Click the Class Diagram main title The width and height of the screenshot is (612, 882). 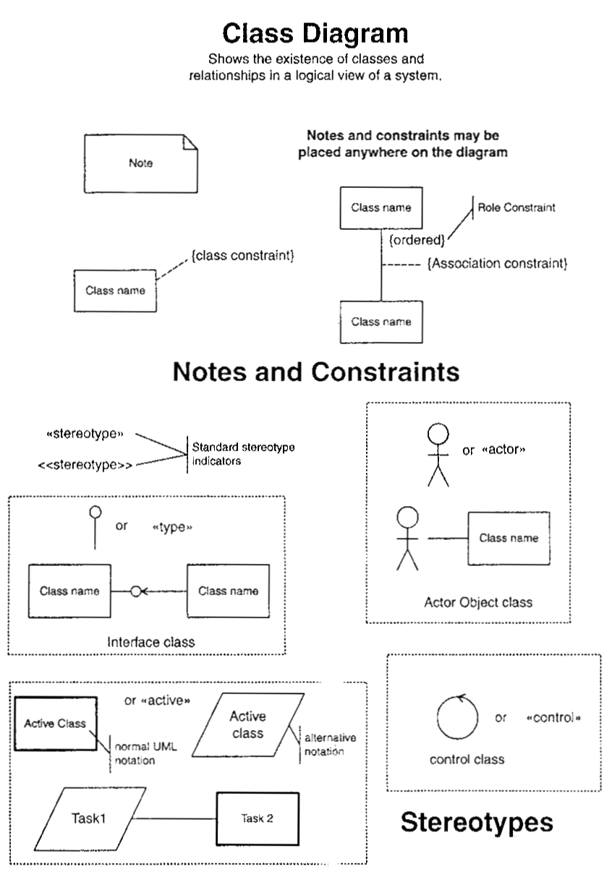pos(315,33)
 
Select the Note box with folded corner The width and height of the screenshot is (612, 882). pos(140,163)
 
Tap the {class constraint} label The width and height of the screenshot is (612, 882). pos(242,255)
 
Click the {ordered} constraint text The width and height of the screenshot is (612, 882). pos(417,239)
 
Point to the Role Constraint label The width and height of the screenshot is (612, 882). pos(517,207)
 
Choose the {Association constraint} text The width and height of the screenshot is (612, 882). pos(497,264)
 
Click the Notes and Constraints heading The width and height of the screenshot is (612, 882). pos(316,372)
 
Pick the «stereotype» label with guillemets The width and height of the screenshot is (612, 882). pos(85,434)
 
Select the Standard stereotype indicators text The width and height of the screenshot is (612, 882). pos(243,453)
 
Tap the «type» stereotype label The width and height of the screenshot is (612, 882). pos(172,526)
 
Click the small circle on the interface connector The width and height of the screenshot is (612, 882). pos(135,591)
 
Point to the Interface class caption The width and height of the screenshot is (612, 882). pos(150,641)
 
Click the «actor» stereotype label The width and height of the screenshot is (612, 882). pos(503,450)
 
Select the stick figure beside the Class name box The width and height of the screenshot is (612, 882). pos(408,536)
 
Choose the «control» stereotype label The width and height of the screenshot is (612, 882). pos(554,718)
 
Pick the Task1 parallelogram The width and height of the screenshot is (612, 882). pos(88,819)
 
